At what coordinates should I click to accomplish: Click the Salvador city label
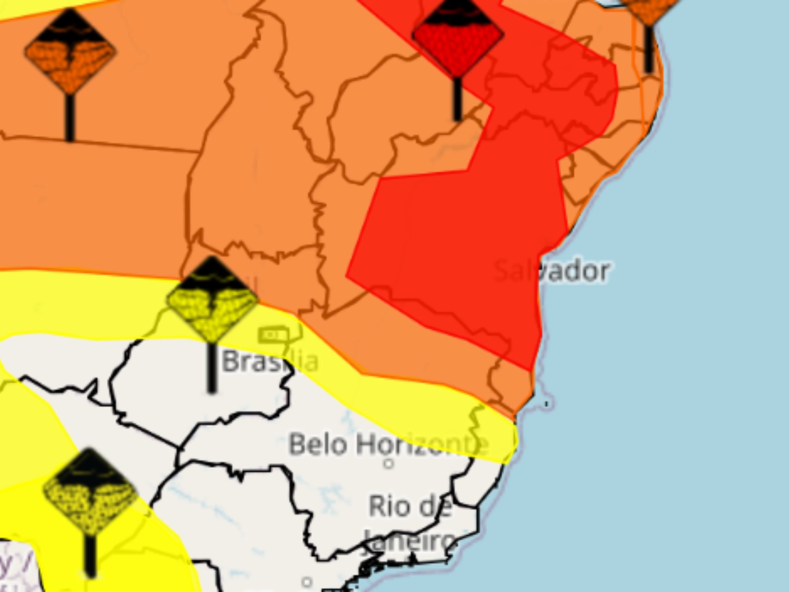click(x=551, y=271)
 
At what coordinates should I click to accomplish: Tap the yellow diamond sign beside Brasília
click(x=212, y=299)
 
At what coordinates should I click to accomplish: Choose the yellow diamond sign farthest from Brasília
click(x=90, y=491)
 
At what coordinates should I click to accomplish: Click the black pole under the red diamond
click(x=458, y=99)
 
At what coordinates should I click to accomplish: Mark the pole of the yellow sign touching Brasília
click(x=212, y=368)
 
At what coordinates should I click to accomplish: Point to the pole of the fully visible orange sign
click(x=70, y=117)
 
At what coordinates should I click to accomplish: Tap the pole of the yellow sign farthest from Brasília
click(x=90, y=555)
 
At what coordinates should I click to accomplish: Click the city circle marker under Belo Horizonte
click(x=389, y=464)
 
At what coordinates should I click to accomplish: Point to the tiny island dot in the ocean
click(x=546, y=404)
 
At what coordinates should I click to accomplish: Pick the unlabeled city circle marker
click(x=307, y=582)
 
